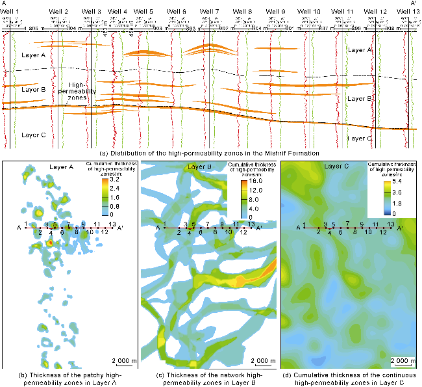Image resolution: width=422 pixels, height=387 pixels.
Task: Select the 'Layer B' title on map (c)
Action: pos(201,167)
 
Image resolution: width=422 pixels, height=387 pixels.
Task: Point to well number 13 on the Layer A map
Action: pos(113,224)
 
